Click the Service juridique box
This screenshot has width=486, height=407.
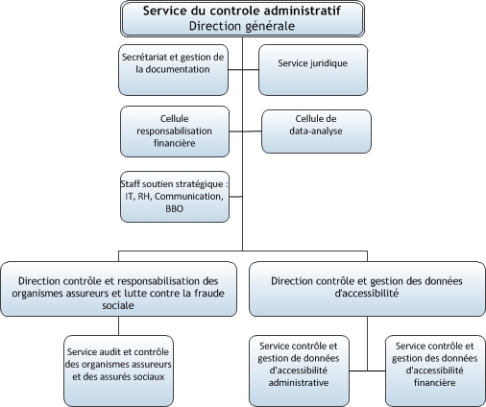(x=313, y=70)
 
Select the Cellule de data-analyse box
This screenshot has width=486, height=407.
(x=316, y=132)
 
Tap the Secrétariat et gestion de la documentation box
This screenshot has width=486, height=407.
(x=173, y=70)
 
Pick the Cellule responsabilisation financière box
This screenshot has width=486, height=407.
(x=175, y=132)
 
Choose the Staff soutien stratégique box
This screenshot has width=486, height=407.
(x=175, y=197)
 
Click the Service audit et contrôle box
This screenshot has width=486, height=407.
(x=118, y=371)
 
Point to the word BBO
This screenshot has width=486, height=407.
(x=175, y=209)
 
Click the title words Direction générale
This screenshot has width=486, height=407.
(x=242, y=26)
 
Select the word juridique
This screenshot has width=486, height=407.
(x=328, y=63)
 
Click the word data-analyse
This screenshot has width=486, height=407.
(x=316, y=131)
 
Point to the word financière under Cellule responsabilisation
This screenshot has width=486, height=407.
(x=175, y=143)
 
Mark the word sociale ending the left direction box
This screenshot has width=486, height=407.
(x=118, y=305)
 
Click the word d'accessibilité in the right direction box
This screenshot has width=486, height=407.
(x=367, y=293)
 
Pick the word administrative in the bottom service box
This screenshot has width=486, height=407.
(x=299, y=383)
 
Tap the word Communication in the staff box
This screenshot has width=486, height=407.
(x=189, y=197)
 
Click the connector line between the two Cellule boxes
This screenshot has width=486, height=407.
(x=246, y=132)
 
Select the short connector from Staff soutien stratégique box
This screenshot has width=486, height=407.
(x=236, y=197)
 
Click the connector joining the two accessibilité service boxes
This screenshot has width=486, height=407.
(x=367, y=371)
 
